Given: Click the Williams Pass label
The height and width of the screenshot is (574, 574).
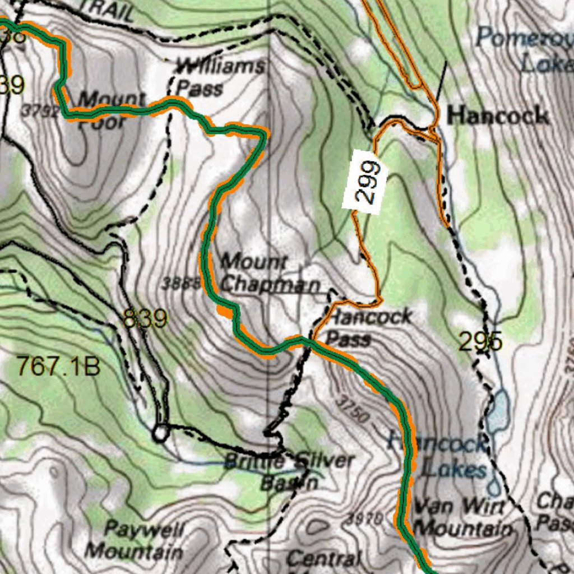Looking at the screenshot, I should tap(219, 77).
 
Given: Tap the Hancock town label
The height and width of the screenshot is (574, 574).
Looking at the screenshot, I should tap(498, 116).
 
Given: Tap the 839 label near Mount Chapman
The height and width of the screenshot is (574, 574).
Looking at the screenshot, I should tap(145, 319).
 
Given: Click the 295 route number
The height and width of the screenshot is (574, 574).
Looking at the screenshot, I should tap(480, 341).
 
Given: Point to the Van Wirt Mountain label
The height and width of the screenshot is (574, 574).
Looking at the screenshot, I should tap(462, 517).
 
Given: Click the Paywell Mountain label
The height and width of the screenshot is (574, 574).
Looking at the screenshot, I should tap(135, 540).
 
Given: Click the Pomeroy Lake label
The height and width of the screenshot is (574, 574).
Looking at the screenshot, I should tap(524, 50).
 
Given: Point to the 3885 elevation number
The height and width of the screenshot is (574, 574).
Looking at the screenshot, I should tap(180, 284).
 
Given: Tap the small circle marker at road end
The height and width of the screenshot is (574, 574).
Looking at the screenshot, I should tap(160, 433).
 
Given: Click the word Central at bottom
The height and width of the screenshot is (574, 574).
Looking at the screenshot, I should tap(323, 558).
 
